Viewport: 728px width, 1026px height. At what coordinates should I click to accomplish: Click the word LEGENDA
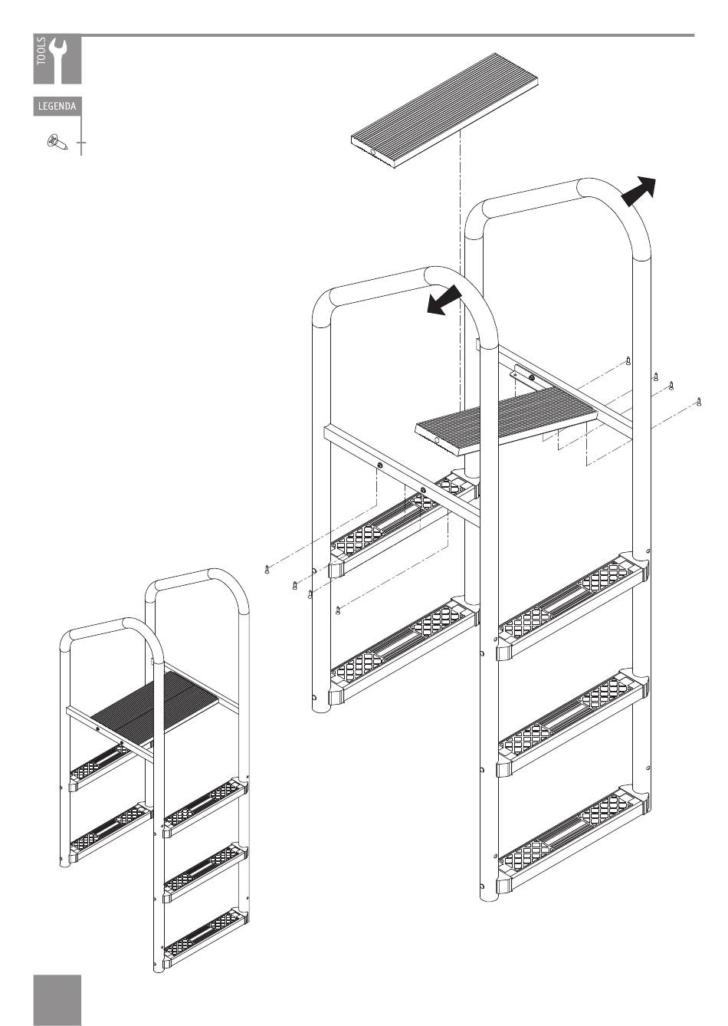pos(57,107)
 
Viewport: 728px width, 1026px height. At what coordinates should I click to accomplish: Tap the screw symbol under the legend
pos(57,142)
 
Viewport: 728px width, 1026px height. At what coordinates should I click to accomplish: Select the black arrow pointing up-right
pos(638,191)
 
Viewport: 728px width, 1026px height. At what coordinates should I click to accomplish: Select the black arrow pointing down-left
pos(444,300)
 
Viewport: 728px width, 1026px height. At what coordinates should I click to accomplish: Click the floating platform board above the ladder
pos(444,110)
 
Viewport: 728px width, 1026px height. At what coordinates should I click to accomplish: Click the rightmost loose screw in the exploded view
pos(699,402)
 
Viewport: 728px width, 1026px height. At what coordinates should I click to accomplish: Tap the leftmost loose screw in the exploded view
pos(267,569)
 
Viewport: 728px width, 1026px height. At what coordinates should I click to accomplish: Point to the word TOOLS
pos(41,51)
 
